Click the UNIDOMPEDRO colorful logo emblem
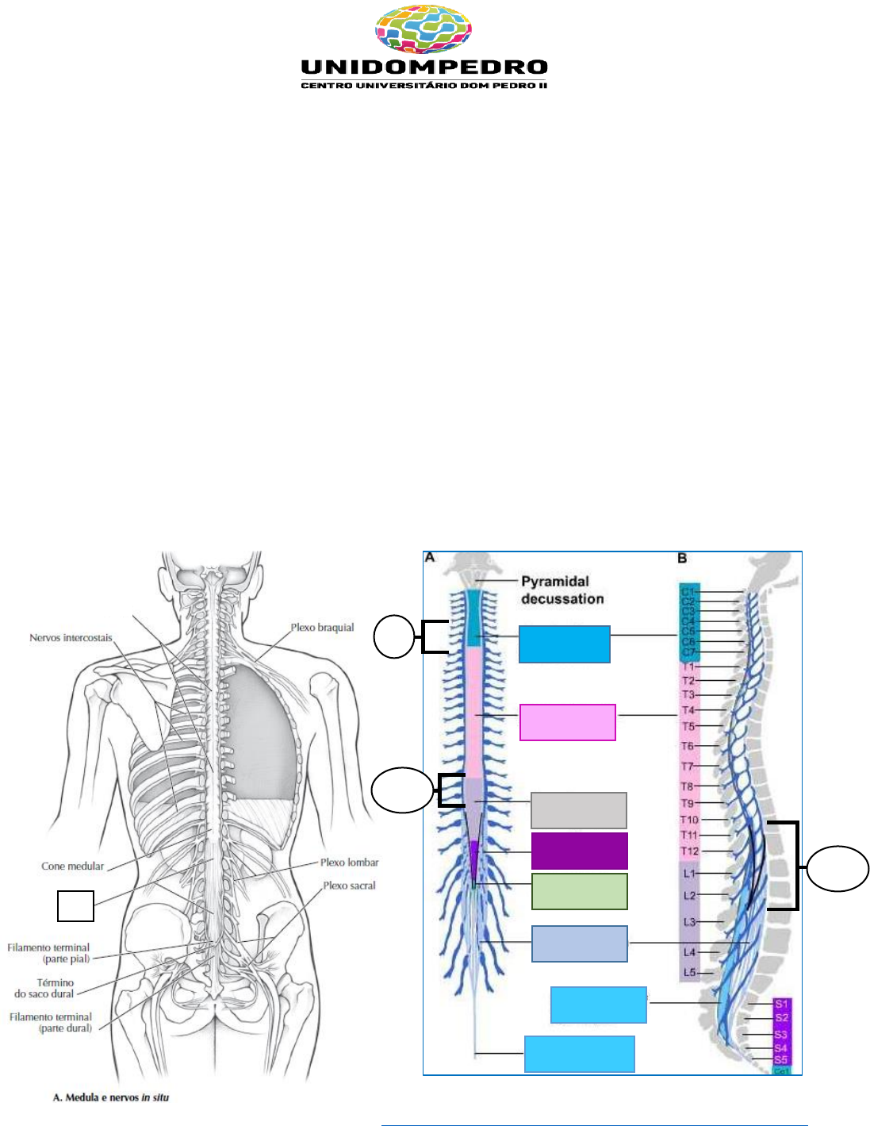click(423, 29)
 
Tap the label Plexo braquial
click(322, 628)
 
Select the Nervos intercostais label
click(71, 638)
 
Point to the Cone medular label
click(72, 867)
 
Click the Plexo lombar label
click(349, 863)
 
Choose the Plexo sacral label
click(349, 886)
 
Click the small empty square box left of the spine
click(75, 906)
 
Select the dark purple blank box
click(579, 851)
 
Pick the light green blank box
click(579, 891)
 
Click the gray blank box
click(578, 810)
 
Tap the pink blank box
click(567, 722)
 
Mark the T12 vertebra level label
click(689, 851)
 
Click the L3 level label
click(689, 922)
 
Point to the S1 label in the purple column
click(781, 1005)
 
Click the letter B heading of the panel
click(682, 559)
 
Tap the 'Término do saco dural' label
click(44, 988)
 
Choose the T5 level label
click(688, 726)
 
